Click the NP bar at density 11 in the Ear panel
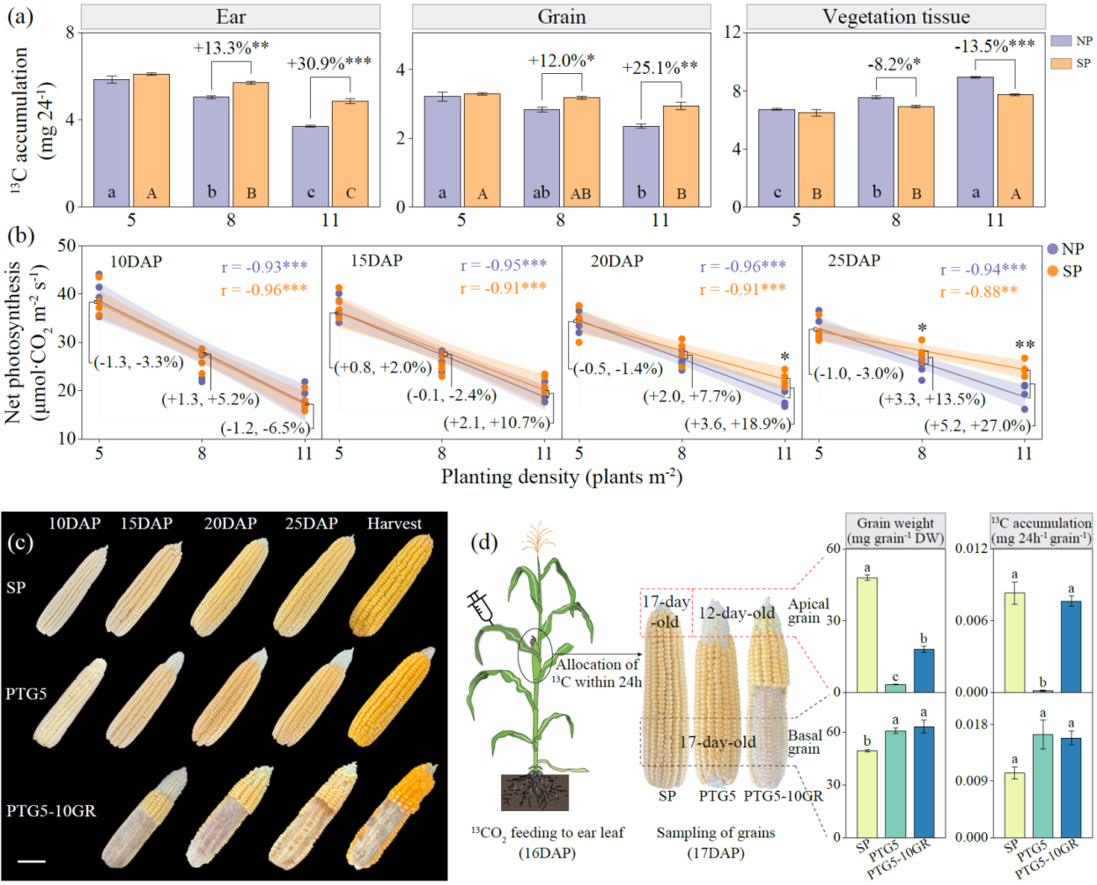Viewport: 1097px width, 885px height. click(311, 166)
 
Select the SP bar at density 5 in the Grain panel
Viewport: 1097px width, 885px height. click(482, 151)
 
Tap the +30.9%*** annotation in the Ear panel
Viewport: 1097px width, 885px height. click(328, 63)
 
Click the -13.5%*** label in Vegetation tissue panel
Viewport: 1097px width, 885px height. click(995, 47)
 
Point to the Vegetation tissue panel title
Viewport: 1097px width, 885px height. click(895, 17)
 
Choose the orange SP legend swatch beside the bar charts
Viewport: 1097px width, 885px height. click(1061, 63)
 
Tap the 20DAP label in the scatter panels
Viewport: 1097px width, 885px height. click(617, 262)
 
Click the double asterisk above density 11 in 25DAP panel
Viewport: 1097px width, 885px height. click(1025, 345)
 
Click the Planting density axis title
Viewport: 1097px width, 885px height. click(561, 477)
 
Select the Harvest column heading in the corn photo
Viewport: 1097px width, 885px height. click(394, 524)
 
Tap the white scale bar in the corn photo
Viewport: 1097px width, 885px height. click(32, 861)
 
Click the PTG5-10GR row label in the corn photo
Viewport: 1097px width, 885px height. click(51, 811)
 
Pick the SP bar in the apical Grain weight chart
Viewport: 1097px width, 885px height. click(867, 635)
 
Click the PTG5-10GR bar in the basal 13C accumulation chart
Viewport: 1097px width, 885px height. click(1071, 788)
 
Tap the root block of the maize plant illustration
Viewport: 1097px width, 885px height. click(534, 793)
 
